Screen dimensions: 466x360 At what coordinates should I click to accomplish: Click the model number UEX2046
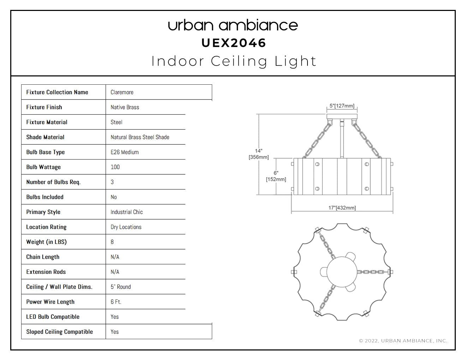pyautogui.click(x=234, y=43)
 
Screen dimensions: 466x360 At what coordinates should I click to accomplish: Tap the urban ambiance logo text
pyautogui.click(x=233, y=25)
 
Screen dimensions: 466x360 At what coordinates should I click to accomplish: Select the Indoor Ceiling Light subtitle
pyautogui.click(x=234, y=61)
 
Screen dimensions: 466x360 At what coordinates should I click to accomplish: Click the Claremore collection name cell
pyautogui.click(x=122, y=92)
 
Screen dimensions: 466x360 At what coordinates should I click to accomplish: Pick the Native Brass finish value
pyautogui.click(x=125, y=107)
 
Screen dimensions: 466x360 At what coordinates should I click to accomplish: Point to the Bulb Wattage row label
pyautogui.click(x=43, y=167)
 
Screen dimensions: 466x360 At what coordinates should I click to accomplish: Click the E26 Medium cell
pyautogui.click(x=124, y=152)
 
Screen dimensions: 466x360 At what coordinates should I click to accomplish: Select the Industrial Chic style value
pyautogui.click(x=126, y=212)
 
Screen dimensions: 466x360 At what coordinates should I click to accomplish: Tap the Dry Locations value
pyautogui.click(x=126, y=227)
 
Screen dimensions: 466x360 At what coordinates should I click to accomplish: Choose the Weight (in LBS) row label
pyautogui.click(x=46, y=242)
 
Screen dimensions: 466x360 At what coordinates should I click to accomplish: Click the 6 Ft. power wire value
pyautogui.click(x=116, y=302)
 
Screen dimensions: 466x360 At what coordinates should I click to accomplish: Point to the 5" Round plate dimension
pyautogui.click(x=120, y=287)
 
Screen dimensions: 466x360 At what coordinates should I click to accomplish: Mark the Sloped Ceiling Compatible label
pyautogui.click(x=59, y=332)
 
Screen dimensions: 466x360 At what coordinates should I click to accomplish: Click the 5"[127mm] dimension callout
pyautogui.click(x=342, y=106)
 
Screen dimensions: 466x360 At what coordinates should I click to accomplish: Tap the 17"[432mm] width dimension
pyautogui.click(x=342, y=208)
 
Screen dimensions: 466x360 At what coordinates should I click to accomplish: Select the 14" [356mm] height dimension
pyautogui.click(x=259, y=154)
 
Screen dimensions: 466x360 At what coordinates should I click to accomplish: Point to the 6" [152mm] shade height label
pyautogui.click(x=276, y=176)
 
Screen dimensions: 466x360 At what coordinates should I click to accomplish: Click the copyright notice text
pyautogui.click(x=403, y=341)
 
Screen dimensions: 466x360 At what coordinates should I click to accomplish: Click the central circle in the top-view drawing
pyautogui.click(x=342, y=272)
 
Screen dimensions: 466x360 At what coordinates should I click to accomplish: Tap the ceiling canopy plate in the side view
pyautogui.click(x=342, y=116)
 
